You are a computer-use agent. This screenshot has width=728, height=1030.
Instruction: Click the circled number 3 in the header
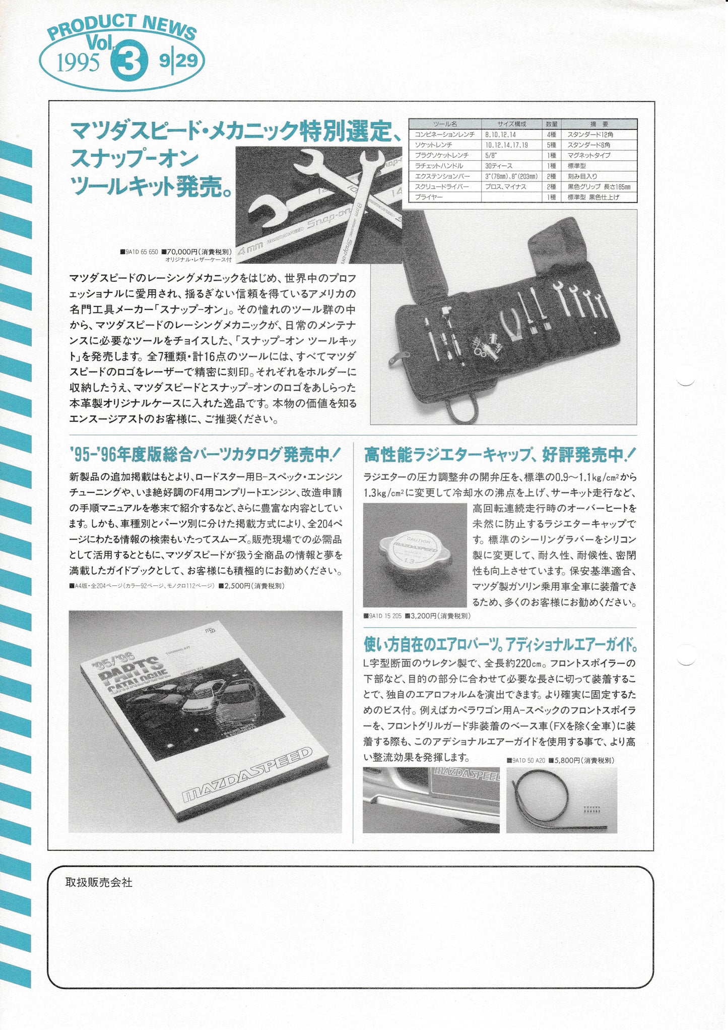129,62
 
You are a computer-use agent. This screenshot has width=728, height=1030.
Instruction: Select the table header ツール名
445,124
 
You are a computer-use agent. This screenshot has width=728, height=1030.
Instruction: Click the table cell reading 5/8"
491,155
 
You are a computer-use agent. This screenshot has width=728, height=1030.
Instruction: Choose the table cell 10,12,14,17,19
507,145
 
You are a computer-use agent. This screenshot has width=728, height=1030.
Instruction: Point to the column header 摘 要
599,124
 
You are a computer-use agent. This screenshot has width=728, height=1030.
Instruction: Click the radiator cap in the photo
414,555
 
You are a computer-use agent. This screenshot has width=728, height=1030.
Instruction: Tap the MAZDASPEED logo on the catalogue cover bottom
247,777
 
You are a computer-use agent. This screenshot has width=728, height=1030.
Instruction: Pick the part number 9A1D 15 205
385,616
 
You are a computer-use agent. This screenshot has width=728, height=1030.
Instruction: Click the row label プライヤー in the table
429,197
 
